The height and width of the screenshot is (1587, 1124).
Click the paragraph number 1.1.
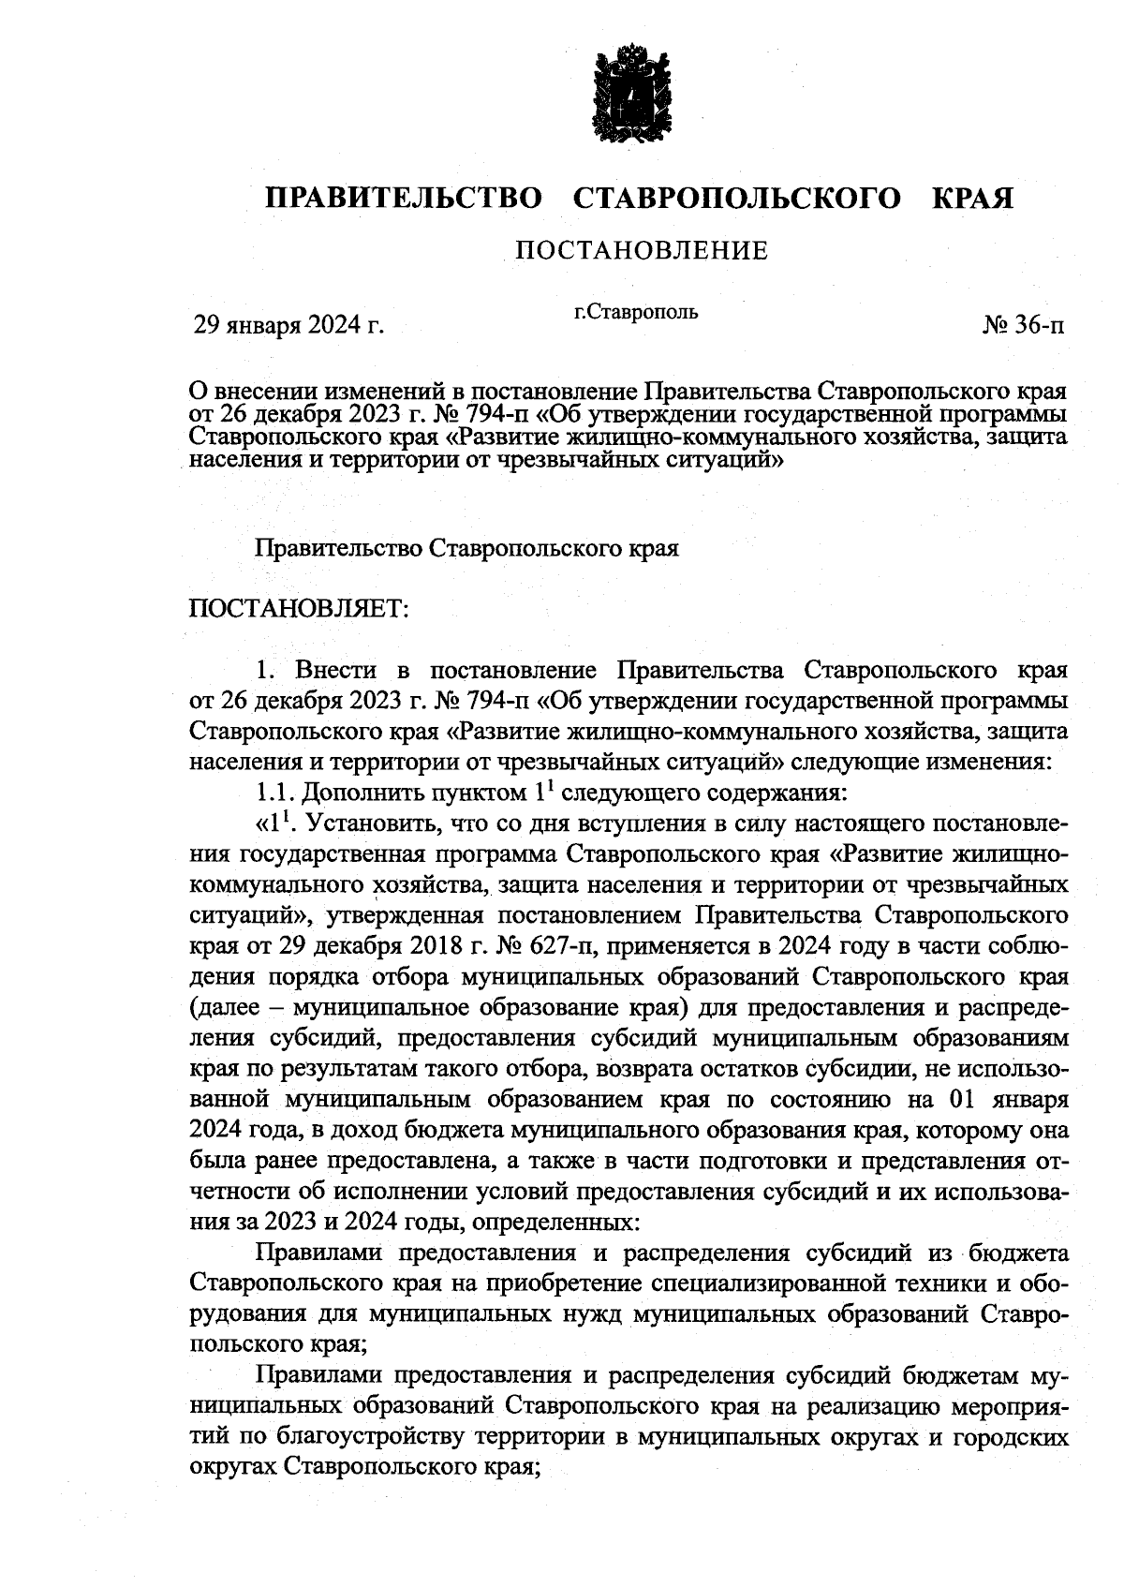276,793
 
